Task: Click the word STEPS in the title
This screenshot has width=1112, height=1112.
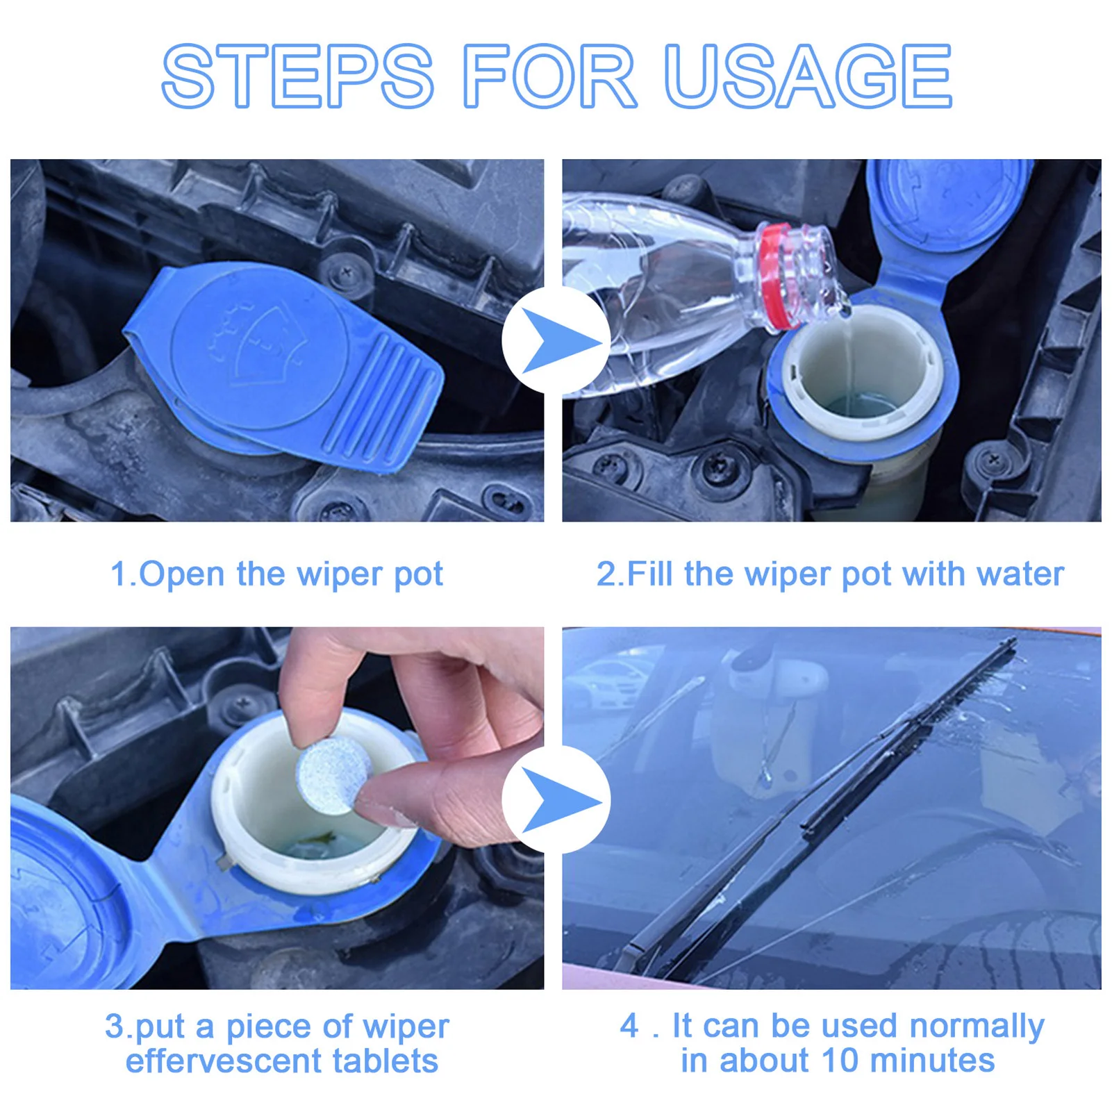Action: point(298,76)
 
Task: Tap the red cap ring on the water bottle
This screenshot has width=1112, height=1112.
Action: point(778,276)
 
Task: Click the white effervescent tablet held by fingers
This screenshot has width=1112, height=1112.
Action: point(331,776)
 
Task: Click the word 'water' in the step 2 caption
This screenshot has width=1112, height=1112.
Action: point(1020,574)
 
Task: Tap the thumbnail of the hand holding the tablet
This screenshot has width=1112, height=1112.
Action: point(277,808)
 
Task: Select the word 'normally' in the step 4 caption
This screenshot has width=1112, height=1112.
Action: point(977,1027)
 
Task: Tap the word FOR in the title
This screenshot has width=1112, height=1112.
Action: point(549,76)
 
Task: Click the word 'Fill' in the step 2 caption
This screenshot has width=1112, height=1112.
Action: point(652,574)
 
